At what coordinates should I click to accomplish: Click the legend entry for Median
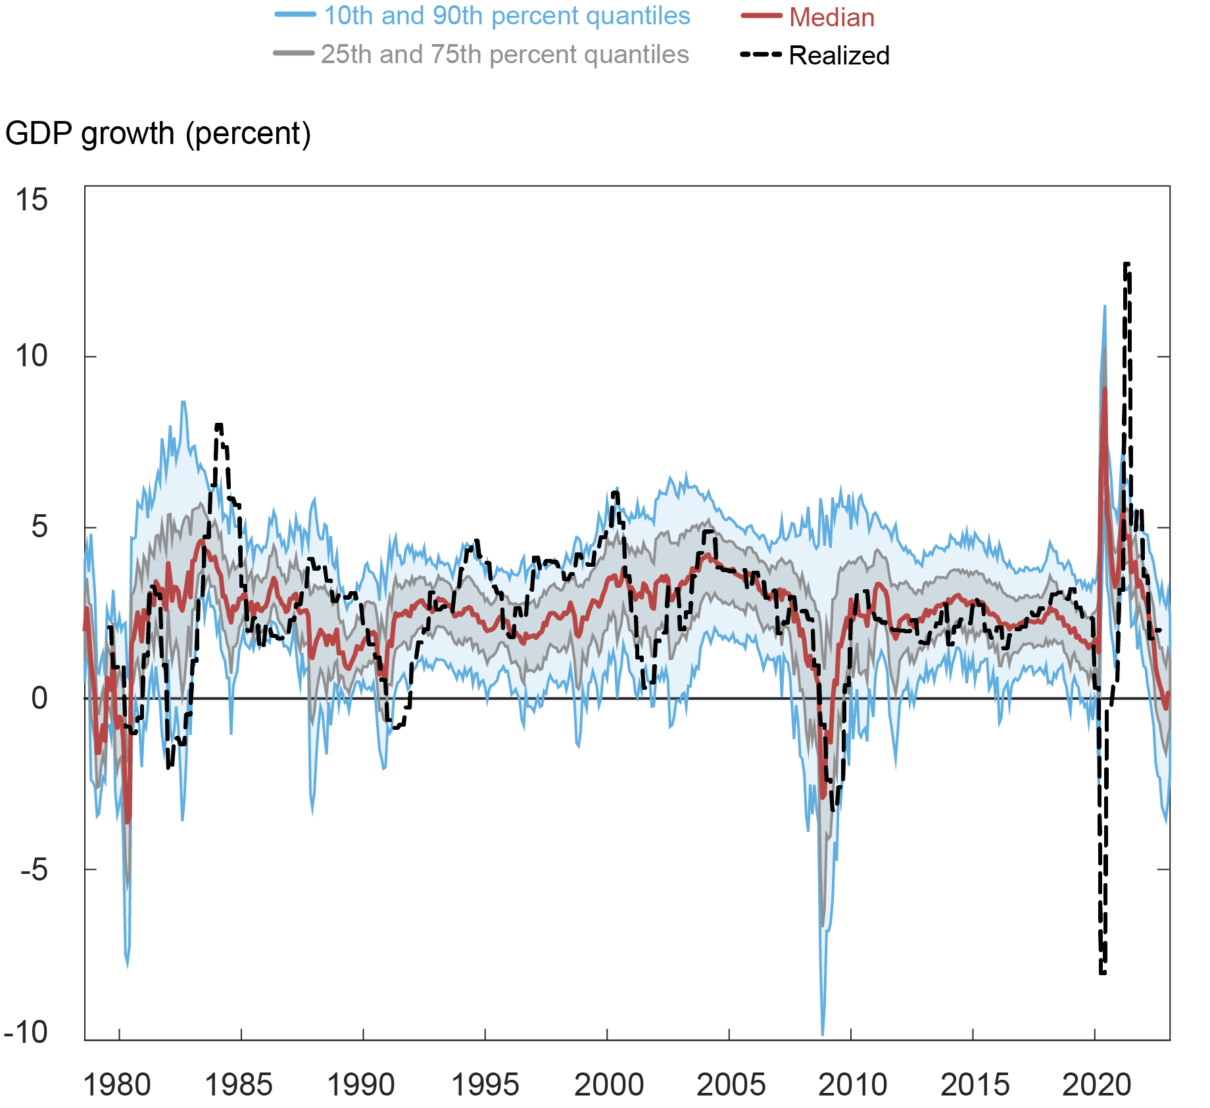click(831, 18)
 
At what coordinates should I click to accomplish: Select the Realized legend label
click(838, 56)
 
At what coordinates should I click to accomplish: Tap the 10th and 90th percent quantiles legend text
click(506, 16)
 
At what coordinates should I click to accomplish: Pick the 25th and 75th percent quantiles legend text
click(504, 55)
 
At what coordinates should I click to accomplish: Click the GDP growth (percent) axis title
click(158, 133)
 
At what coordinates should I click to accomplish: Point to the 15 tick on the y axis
click(32, 200)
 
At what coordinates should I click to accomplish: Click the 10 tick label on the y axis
click(32, 356)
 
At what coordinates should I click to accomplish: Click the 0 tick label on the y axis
click(39, 698)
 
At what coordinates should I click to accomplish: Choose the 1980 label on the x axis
click(117, 1085)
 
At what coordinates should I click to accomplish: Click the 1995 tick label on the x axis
click(485, 1085)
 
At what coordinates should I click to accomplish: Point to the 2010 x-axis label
click(852, 1085)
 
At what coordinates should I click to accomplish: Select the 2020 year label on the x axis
click(1096, 1085)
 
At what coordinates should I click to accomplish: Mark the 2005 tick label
click(730, 1085)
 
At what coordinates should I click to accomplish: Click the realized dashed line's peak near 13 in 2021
click(1126, 264)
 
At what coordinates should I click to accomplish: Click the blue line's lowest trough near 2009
click(823, 1034)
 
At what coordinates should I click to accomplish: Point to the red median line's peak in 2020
click(1105, 389)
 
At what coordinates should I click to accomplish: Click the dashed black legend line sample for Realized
click(761, 55)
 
